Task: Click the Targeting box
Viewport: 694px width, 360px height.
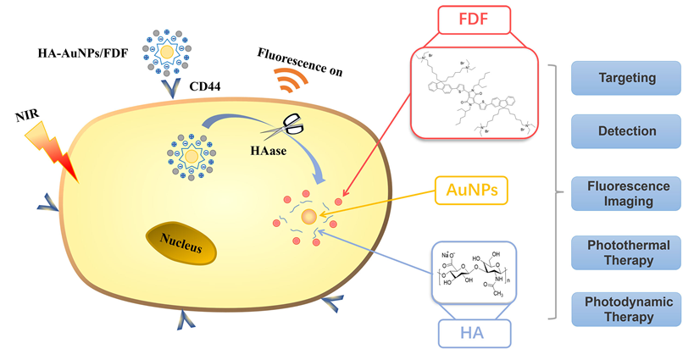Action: [626, 78]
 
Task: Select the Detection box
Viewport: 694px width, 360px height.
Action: [626, 131]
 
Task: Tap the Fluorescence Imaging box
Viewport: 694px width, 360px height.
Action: [626, 193]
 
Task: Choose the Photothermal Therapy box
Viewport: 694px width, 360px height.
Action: [626, 252]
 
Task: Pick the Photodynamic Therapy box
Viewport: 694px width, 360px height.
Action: [626, 309]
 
